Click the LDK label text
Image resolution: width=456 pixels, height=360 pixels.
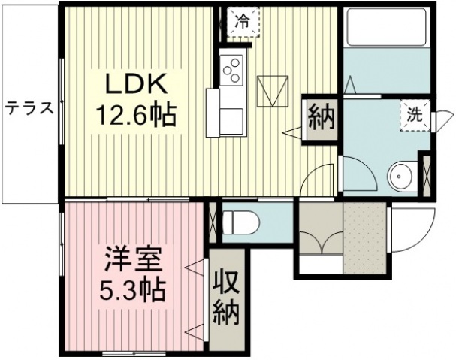137,84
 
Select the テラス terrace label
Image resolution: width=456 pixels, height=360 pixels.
29,108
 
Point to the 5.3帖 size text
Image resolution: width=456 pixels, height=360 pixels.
132,290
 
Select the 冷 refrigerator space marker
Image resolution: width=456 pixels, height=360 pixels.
243,21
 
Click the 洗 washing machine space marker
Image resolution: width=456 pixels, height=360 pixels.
415,115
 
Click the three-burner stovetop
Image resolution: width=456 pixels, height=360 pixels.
231,70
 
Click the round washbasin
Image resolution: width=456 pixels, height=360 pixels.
400,177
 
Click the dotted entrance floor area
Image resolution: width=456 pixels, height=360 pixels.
365,238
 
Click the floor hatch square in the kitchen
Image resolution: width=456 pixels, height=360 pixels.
273,91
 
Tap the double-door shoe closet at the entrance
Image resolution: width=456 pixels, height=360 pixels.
322,228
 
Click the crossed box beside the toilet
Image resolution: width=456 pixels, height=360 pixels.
213,222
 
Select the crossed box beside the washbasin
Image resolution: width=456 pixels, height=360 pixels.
427,175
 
